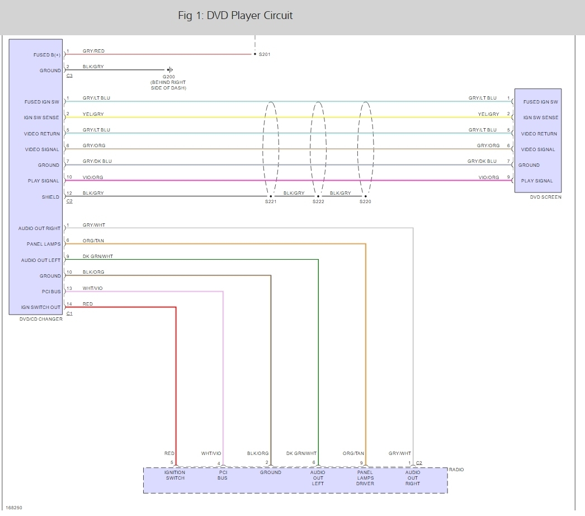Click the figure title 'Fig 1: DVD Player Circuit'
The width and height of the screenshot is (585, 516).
[x=235, y=16]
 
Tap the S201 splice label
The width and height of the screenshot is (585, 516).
[x=265, y=55]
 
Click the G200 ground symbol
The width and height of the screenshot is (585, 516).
[x=169, y=70]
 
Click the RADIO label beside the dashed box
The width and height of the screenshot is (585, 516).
[x=456, y=470]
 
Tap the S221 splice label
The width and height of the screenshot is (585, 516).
[x=271, y=201]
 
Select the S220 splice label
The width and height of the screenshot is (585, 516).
[x=365, y=201]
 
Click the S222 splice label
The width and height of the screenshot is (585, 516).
[x=318, y=201]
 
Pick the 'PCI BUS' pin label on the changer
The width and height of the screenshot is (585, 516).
[x=51, y=292]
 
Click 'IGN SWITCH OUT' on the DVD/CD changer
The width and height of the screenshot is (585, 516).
[x=41, y=307]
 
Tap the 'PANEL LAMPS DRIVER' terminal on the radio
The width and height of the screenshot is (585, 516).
[x=365, y=477]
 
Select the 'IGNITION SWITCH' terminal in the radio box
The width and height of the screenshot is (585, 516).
[x=175, y=475]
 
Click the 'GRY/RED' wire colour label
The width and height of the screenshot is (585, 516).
[x=93, y=51]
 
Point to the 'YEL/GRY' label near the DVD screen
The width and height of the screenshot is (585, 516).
[x=488, y=114]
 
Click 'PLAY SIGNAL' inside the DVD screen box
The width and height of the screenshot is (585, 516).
[x=536, y=181]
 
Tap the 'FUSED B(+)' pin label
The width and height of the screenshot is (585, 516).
[x=47, y=55]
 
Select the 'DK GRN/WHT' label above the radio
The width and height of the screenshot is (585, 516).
[x=301, y=453]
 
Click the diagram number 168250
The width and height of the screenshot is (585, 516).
[x=15, y=508]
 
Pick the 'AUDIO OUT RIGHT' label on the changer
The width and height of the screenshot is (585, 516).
[x=39, y=228]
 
